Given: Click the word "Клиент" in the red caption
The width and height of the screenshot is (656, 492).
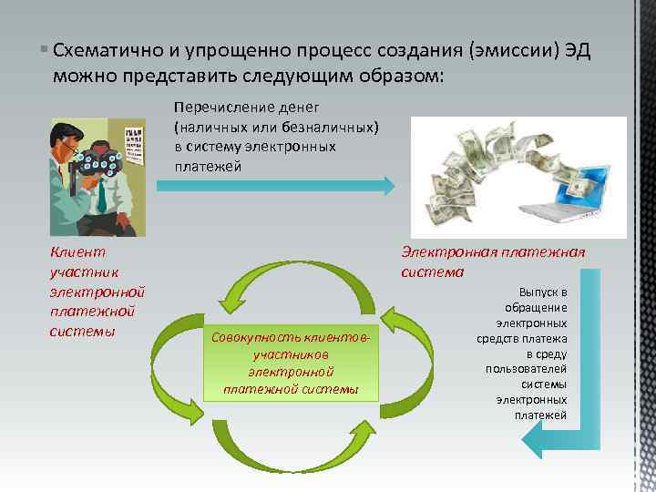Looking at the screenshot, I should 77,252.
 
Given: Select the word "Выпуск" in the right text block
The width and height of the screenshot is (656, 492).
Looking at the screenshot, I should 544,292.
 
